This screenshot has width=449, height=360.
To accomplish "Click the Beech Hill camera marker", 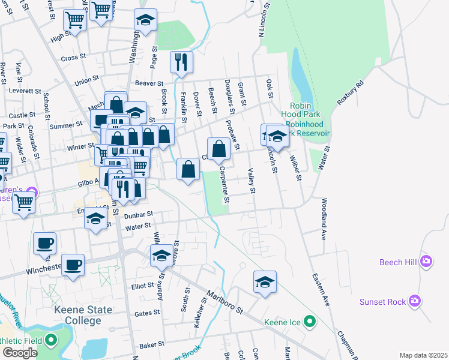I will click(426, 261).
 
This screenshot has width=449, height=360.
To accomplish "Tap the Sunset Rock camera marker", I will click(414, 301).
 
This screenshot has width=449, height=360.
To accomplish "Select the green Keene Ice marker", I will click(310, 322).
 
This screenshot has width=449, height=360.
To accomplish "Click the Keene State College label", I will click(83, 315).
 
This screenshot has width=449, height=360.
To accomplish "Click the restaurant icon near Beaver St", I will click(181, 62).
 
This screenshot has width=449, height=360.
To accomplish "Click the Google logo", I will click(20, 353).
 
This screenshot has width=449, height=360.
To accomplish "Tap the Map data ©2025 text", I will click(423, 355).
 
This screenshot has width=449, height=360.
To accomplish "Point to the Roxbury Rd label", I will click(351, 93).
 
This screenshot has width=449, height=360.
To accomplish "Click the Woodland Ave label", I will click(324, 219).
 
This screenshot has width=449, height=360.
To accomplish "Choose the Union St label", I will click(86, 82).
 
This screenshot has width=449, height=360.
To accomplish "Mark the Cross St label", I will click(74, 58).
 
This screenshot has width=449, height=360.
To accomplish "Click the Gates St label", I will click(147, 313).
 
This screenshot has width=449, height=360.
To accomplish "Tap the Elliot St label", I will click(143, 287).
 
